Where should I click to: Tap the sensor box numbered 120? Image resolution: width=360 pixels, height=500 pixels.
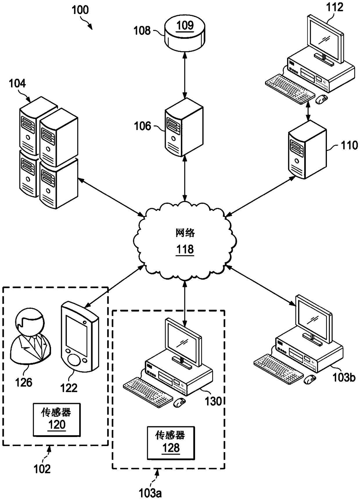[57, 420]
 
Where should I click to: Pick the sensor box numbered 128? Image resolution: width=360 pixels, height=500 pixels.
[171, 443]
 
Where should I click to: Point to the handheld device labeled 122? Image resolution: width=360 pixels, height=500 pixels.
[80, 337]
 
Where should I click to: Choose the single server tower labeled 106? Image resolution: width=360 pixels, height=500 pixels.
[184, 127]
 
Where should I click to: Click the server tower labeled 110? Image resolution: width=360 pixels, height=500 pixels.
[307, 150]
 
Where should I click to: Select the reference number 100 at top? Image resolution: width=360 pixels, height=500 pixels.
[80, 10]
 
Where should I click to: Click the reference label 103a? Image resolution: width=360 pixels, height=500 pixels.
[150, 493]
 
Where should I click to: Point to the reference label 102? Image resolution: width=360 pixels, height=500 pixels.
[42, 469]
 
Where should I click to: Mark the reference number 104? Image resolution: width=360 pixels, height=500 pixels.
[17, 83]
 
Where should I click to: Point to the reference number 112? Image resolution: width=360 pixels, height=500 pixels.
[335, 7]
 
